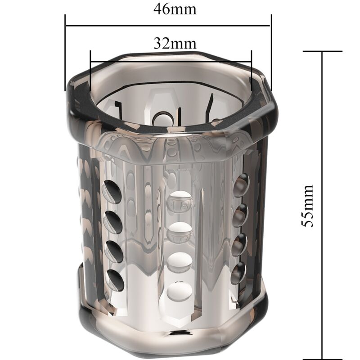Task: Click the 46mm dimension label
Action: [x=175, y=9]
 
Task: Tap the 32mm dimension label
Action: [x=175, y=44]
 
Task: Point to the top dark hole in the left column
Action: [x=112, y=192]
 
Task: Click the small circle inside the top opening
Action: [x=161, y=118]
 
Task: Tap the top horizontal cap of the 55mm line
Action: [x=322, y=51]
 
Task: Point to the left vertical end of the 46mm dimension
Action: [x=66, y=52]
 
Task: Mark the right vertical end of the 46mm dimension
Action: [x=271, y=52]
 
